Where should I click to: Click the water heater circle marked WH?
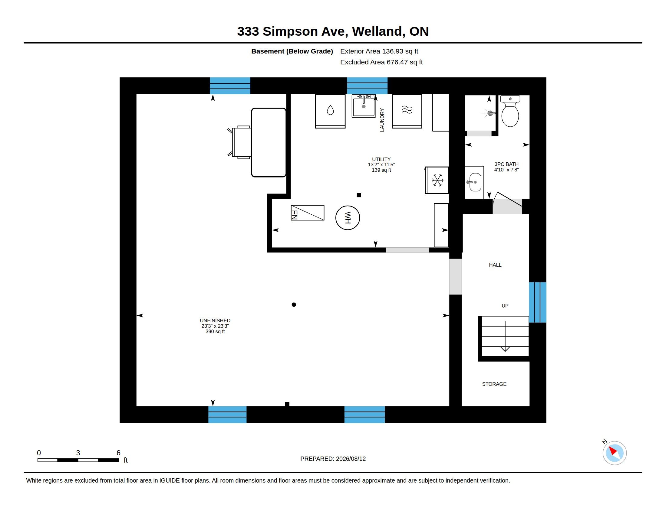[x=347, y=218]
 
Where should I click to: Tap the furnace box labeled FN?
[x=307, y=213]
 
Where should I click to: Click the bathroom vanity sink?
[x=475, y=182]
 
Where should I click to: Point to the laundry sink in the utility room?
[x=364, y=106]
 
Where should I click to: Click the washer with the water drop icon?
[x=330, y=111]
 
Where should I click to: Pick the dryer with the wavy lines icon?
[x=407, y=111]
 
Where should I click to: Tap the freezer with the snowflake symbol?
[x=437, y=180]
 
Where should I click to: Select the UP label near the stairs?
[x=505, y=306]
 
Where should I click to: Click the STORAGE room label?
[x=494, y=384]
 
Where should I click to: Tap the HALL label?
[x=495, y=265]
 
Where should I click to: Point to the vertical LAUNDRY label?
[x=382, y=120]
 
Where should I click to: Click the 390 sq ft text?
[x=215, y=331]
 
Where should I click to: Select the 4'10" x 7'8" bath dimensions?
[x=506, y=170]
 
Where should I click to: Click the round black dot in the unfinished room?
[x=294, y=304]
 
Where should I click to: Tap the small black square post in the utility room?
[x=359, y=195]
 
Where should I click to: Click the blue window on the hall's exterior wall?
[x=538, y=302]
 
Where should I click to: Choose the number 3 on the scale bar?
[x=78, y=453]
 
